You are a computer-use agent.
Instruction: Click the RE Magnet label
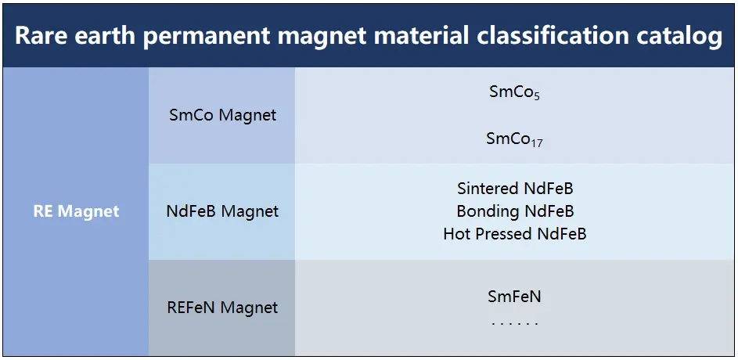coord(76,211)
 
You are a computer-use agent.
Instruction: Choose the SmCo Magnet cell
coord(222,115)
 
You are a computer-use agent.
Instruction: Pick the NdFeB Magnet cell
coord(222,211)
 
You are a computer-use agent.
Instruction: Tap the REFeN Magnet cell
coord(222,308)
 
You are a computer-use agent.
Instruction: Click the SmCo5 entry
coord(514,92)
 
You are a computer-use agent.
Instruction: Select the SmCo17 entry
coord(514,139)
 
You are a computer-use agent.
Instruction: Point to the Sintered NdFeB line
coord(515,189)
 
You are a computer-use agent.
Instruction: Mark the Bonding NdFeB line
coord(515,211)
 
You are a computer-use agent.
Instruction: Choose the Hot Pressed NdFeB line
coord(515,234)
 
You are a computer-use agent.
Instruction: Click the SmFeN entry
coord(514,297)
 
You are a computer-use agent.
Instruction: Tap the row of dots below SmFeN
coord(514,324)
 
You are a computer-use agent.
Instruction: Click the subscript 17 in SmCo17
coord(537,143)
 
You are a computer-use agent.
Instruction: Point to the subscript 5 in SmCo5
coord(537,96)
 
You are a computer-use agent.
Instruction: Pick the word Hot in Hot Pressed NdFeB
coord(455,234)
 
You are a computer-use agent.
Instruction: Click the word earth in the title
coord(104,36)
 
